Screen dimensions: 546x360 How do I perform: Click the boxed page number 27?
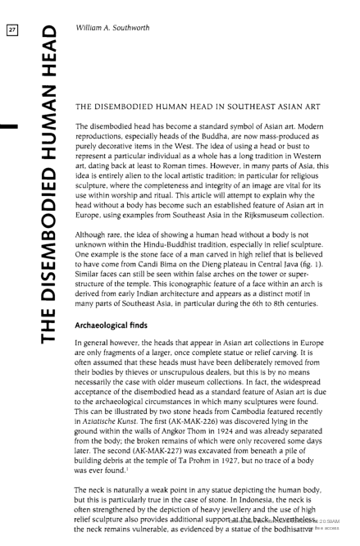(x=12, y=11)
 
